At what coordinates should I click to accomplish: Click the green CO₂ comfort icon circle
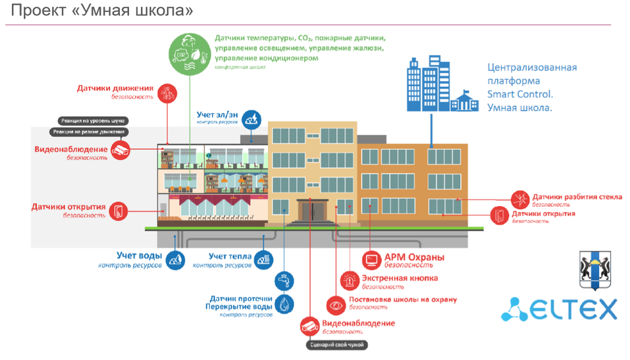[190, 53]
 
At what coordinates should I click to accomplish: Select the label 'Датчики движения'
[115, 88]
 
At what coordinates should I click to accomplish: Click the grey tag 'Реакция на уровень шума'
[93, 120]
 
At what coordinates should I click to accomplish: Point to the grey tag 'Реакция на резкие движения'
[92, 132]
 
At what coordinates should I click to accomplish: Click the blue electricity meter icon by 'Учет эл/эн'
[251, 119]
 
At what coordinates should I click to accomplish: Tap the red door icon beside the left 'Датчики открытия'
[118, 211]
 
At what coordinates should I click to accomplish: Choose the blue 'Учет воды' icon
[175, 260]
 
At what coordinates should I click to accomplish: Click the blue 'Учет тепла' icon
[263, 260]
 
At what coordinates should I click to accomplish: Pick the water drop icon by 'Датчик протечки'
[284, 303]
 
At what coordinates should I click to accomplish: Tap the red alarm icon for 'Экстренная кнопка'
[349, 281]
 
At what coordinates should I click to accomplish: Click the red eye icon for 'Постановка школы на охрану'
[336, 305]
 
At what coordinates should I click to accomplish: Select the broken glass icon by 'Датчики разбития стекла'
[521, 199]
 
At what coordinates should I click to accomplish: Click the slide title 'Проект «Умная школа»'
[102, 11]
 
